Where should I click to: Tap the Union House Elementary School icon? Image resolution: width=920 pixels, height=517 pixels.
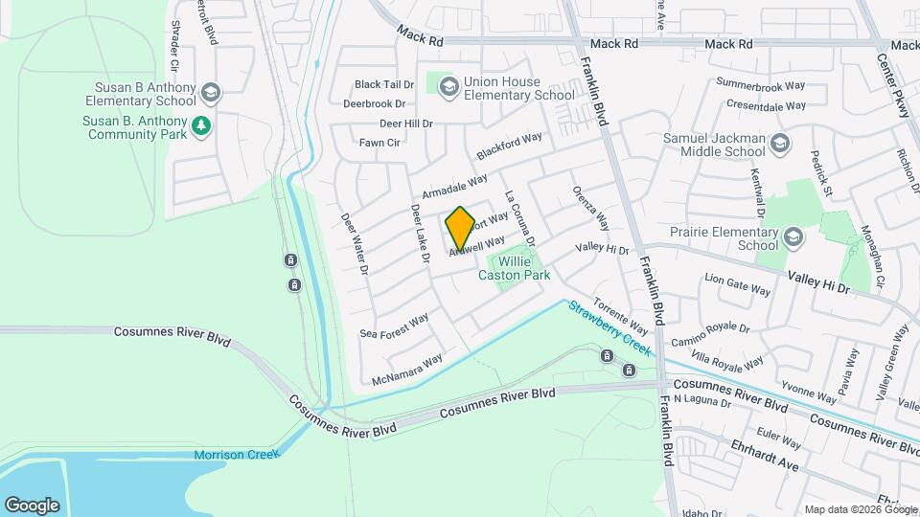pos(448,88)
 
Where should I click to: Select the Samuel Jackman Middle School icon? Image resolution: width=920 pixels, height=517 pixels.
pos(779,145)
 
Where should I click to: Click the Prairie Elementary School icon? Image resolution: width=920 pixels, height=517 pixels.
pos(793,236)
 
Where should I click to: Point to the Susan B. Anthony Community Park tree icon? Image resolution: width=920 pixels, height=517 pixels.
pos(200,125)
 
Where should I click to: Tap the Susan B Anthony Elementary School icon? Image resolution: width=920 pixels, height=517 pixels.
pos(211,92)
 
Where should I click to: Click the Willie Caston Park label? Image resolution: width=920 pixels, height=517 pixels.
pos(515,267)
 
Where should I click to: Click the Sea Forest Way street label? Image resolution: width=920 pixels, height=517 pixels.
pos(394,326)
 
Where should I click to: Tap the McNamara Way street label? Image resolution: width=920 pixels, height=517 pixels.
pos(407,368)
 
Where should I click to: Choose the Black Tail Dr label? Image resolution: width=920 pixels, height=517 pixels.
pos(383,84)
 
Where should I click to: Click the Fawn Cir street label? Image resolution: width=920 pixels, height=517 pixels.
pos(379,143)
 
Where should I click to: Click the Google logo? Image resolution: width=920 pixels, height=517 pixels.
pos(32,505)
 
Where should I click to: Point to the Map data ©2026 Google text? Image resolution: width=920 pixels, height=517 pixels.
pos(860,509)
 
